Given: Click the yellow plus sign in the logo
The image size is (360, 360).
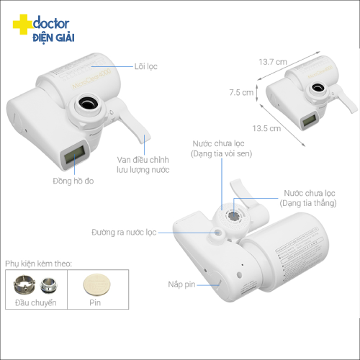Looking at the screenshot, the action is coord(22,24).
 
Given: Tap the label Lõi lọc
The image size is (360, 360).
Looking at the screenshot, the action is coord(145,66).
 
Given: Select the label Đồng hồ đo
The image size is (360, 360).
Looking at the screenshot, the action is coord(73,181).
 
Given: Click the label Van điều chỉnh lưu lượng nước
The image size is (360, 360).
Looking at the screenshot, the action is coord(143,165).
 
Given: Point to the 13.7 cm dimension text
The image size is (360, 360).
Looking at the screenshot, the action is coord(273,62).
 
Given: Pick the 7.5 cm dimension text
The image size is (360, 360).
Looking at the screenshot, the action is coord(241,92).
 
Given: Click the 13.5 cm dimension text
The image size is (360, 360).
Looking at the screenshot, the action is coord(266,128).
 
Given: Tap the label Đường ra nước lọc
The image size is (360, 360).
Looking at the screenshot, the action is coord(124,233).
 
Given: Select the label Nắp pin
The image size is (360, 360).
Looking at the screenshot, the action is coord(181,284).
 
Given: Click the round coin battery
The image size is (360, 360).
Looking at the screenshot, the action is coord(96,285).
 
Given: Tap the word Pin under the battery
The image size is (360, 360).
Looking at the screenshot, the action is coord(95,302).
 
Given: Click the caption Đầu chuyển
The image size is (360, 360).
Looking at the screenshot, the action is coord(36,303).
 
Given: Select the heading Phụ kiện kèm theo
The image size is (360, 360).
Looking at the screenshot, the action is coord(38,264).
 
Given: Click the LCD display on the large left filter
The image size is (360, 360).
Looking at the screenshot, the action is coord(74,154).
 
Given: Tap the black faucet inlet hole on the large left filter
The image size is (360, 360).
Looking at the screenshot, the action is coord(88,103).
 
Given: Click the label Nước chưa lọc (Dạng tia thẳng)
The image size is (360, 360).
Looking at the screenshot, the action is coord(308,198).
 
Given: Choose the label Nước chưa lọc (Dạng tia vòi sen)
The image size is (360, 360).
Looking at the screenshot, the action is coord(221,148).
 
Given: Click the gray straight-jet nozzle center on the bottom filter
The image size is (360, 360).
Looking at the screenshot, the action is coord(233,215).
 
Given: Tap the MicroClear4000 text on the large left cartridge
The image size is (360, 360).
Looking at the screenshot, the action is coord(91,78).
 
